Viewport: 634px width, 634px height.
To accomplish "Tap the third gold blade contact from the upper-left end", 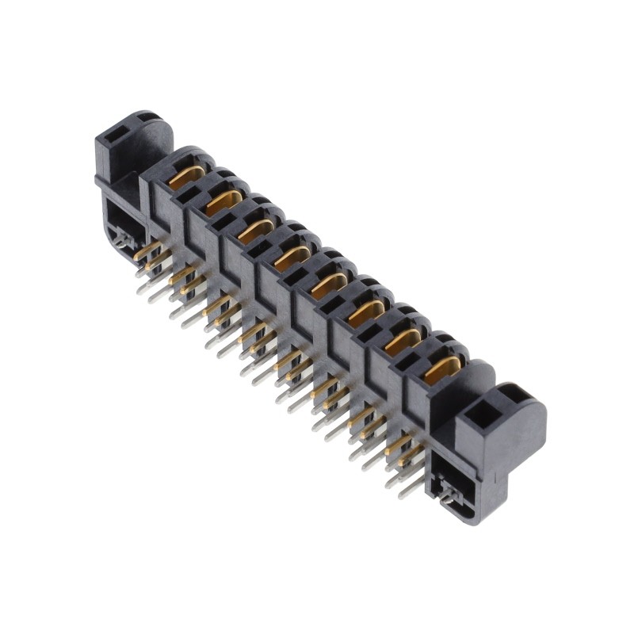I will [x=255, y=230].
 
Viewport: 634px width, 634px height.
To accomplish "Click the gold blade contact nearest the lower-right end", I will [x=441, y=369].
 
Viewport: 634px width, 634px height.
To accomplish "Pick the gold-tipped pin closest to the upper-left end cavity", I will [x=146, y=253].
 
